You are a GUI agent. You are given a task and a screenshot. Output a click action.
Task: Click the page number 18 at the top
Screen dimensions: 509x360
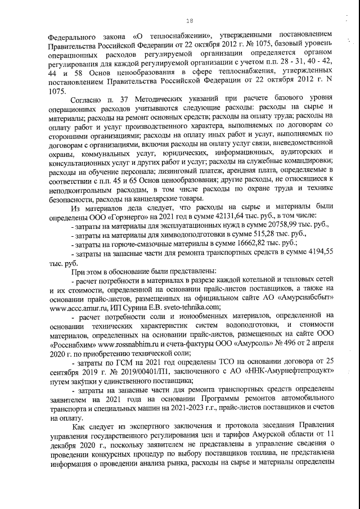189,21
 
